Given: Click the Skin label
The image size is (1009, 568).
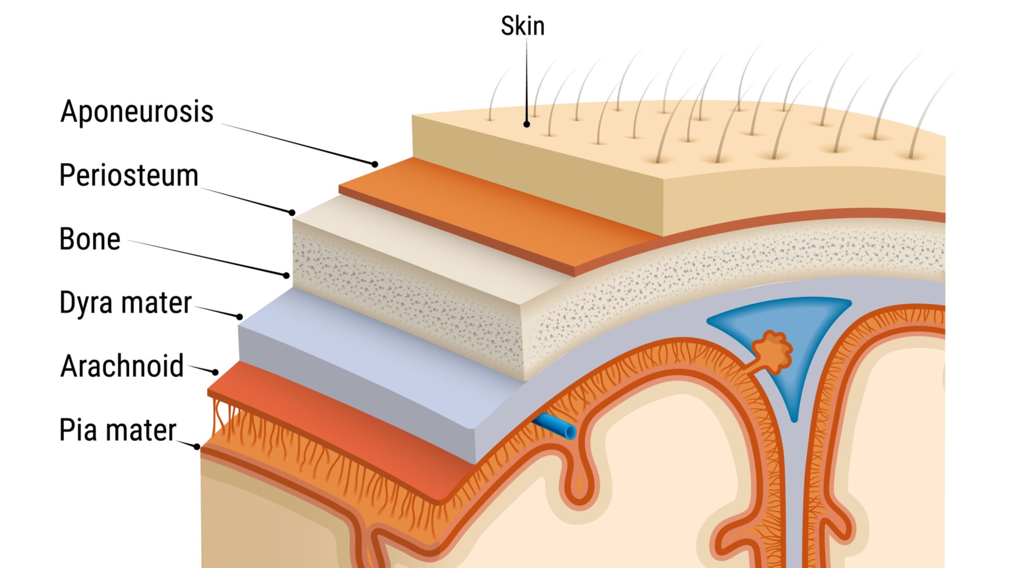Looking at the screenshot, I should pos(522,26).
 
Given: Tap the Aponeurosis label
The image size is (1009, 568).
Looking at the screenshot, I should pos(137,111).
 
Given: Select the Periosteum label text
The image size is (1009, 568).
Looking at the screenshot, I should pos(128,176).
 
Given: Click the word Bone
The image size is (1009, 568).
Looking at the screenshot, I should pos(90,239).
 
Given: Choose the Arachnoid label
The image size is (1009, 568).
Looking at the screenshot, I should pos(122,366).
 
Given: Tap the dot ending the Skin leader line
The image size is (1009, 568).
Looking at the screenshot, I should pos(527,124).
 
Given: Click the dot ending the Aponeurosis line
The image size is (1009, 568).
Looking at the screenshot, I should pos(375,164).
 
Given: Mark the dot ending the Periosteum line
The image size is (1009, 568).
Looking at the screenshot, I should pos(292,212).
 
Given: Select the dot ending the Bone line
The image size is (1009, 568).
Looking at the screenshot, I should pos(286,275).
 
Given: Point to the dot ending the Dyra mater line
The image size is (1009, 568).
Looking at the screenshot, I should pos(240,317).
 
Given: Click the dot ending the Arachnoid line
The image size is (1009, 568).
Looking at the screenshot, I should pos(215,372).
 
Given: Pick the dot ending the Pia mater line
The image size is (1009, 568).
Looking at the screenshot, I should pos(197,447).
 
